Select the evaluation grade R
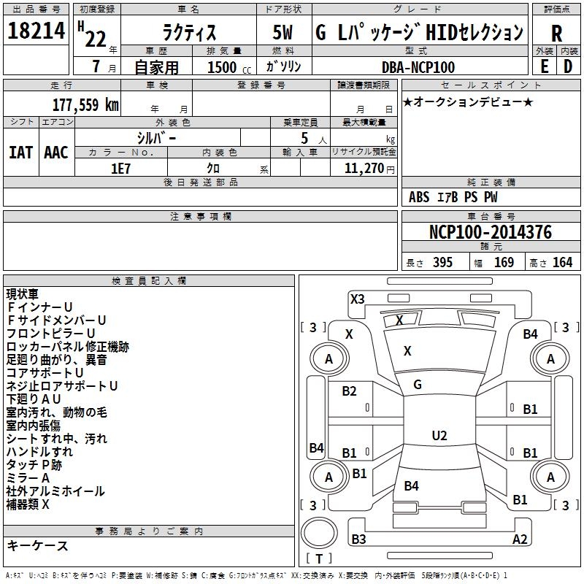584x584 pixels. point(556,33)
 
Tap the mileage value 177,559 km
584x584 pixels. point(85,104)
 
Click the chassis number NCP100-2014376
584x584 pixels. point(490,233)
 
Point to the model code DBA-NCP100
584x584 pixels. point(418,67)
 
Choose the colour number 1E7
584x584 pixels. point(120,167)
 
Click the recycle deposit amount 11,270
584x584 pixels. point(363,168)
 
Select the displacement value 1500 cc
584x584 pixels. point(223,67)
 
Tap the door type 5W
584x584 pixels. point(283,33)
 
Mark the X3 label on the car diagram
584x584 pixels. point(358,298)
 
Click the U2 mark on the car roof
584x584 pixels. point(439,436)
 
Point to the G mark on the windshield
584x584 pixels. point(418,384)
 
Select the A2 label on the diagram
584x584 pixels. point(520,539)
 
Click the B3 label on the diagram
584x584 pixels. point(358,539)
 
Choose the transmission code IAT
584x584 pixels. point(20,152)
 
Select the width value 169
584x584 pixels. point(504,263)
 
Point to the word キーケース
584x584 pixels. point(37,546)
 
